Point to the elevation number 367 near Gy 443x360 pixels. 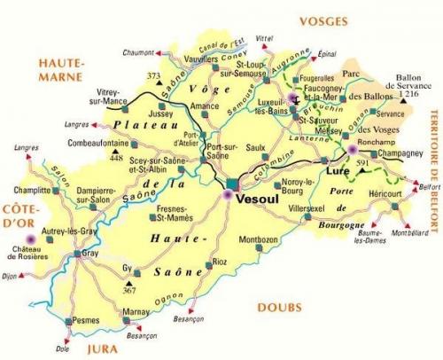(129, 290)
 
